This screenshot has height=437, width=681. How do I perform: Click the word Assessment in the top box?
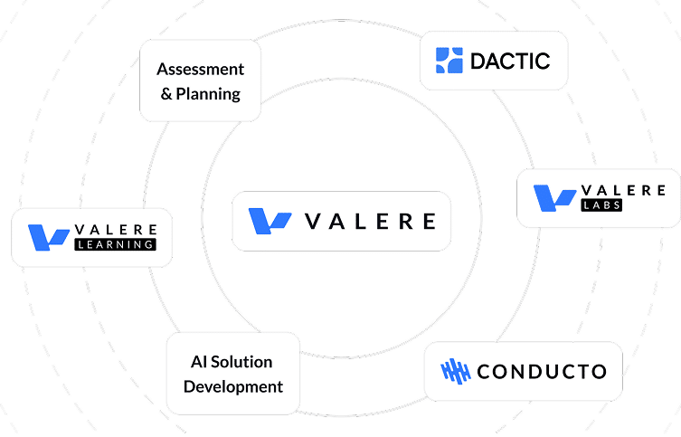tap(200, 70)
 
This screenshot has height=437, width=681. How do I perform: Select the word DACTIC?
tap(510, 62)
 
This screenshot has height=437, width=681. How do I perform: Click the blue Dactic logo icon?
tap(449, 61)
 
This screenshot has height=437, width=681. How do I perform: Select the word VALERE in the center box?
tap(371, 221)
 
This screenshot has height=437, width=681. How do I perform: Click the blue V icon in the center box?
tap(270, 220)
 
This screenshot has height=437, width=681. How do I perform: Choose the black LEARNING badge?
tap(117, 244)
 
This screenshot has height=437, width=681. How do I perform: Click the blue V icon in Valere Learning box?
tap(50, 237)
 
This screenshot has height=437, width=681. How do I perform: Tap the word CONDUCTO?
tap(541, 371)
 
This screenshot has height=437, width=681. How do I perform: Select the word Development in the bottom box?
tap(233, 386)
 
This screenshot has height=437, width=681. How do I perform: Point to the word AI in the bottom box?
tap(199, 362)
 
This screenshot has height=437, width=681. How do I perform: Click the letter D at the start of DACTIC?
tap(479, 62)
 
